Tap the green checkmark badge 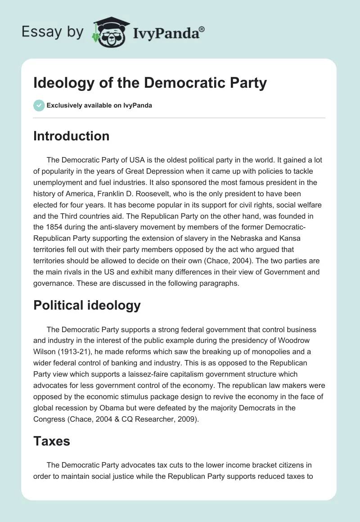[39, 105]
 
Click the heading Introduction [71, 136]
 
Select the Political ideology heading [87, 305]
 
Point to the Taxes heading [52, 441]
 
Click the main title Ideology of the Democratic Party [150, 83]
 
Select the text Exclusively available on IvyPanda [99, 106]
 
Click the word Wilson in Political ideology [45, 351]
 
